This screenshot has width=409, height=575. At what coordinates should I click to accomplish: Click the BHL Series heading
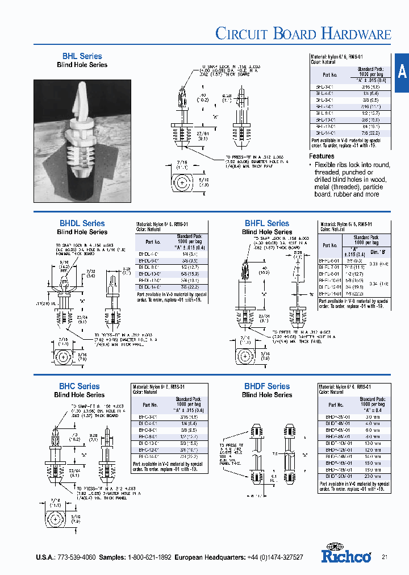(82, 56)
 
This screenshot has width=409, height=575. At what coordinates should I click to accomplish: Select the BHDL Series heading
(82, 223)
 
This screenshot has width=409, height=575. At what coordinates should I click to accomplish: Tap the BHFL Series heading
(267, 223)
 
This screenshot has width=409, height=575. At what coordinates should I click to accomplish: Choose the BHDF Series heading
(267, 386)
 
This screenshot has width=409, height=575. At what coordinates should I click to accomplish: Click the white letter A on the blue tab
(402, 72)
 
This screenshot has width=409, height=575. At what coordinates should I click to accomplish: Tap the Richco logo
(346, 554)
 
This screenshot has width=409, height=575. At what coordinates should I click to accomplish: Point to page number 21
(385, 557)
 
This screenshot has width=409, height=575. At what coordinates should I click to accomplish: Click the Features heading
(322, 156)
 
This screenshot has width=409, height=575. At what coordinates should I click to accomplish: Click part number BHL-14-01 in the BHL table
(325, 132)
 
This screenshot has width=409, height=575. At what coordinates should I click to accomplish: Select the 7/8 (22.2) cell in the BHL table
(371, 132)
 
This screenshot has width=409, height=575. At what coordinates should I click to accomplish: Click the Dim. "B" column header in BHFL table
(378, 251)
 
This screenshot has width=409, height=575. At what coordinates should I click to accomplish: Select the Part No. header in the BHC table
(150, 405)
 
